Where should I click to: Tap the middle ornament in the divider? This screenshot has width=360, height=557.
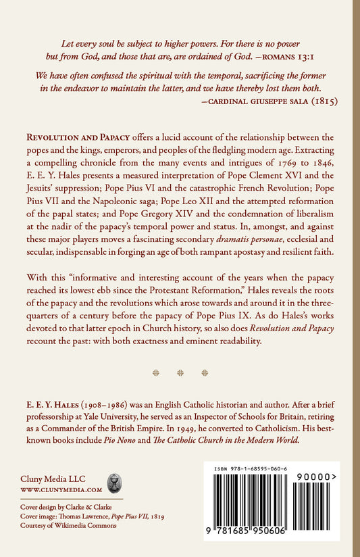[180, 372]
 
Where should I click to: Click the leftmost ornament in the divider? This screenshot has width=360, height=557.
[156, 372]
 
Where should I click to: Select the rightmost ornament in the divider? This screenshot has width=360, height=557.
[205, 372]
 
